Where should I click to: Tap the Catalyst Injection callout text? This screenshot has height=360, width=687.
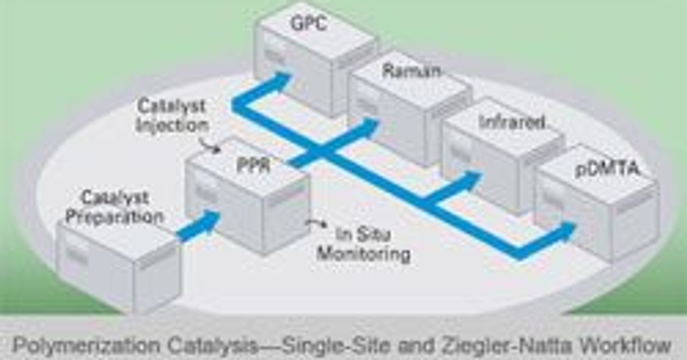pyautogui.click(x=171, y=116)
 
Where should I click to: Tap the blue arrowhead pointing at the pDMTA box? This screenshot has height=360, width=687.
pyautogui.click(x=564, y=232)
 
